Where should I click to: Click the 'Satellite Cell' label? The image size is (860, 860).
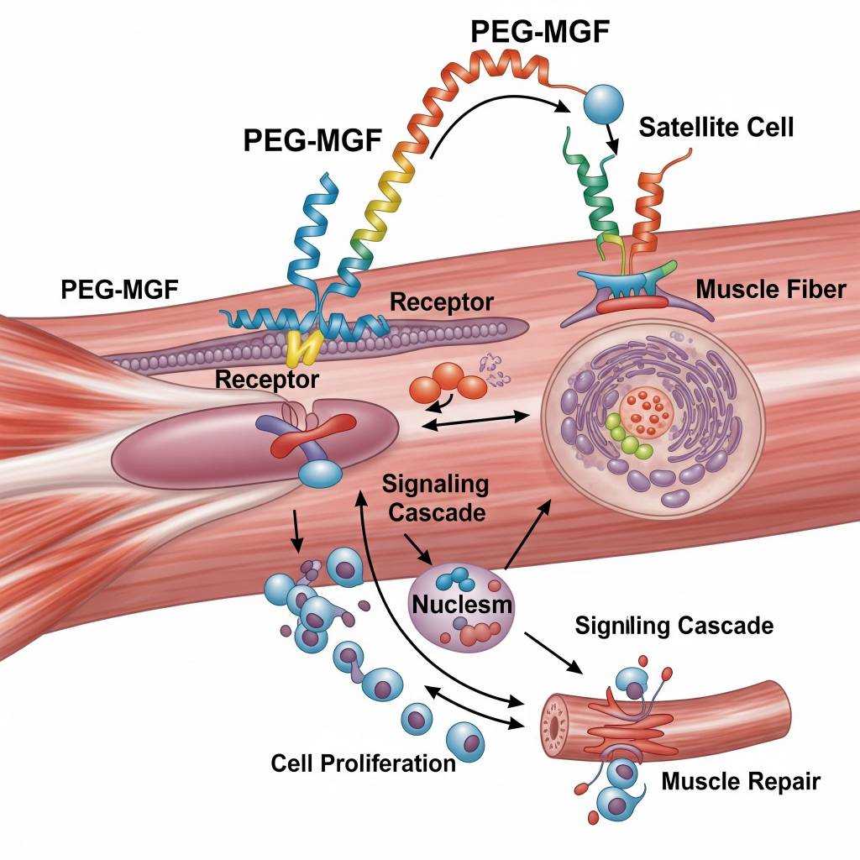716,128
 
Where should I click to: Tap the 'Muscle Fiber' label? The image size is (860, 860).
771,290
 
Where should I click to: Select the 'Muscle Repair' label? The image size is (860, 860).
740,781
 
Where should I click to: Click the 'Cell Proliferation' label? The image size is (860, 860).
363,763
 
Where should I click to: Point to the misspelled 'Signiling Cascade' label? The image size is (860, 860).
674,625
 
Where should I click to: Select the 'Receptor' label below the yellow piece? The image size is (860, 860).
266,380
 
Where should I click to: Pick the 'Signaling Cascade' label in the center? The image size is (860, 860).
433,497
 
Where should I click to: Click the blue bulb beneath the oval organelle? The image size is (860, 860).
318,475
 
